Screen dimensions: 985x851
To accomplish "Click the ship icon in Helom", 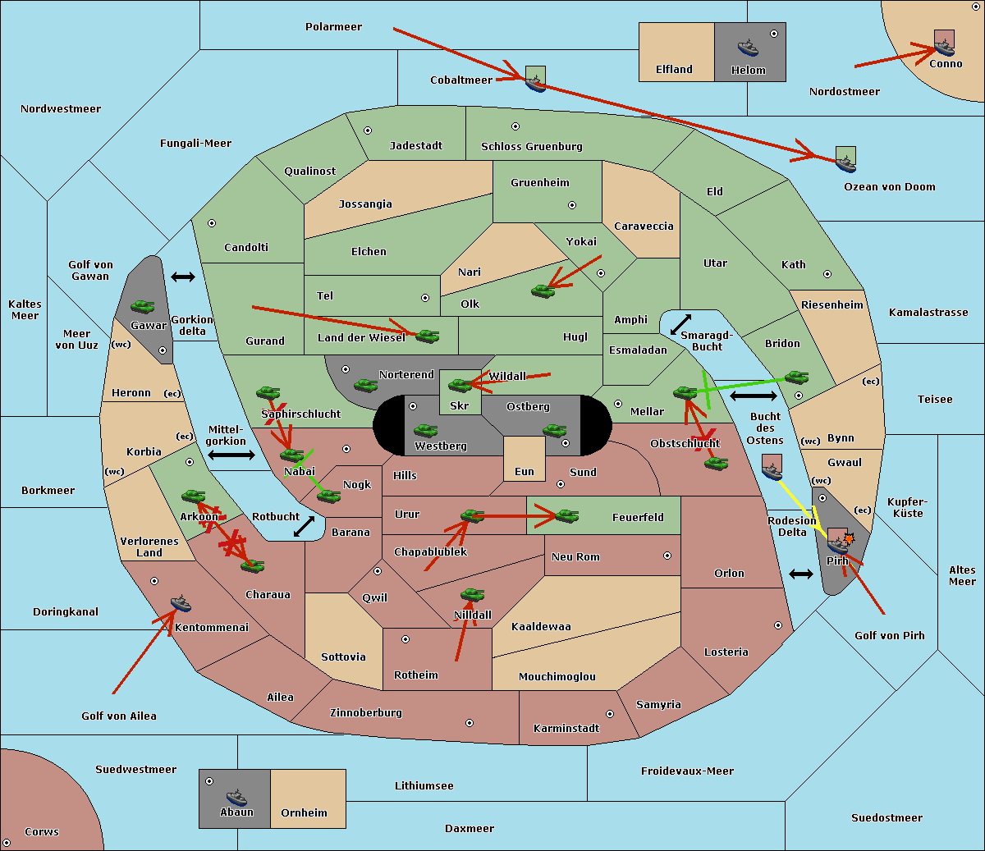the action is (748, 48).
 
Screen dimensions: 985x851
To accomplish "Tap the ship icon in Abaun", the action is (236, 798).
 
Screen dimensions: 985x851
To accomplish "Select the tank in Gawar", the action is (143, 307).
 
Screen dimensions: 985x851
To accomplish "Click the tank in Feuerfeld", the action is (566, 516).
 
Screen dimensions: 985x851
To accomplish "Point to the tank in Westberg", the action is (425, 431).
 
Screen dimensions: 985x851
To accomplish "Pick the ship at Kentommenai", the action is (181, 602).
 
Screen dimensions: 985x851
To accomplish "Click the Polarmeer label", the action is (333, 27).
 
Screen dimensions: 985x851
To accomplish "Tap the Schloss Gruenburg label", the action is (532, 146).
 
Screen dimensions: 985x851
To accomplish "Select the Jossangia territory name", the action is (365, 204).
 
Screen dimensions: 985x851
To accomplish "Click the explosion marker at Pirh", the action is (849, 539).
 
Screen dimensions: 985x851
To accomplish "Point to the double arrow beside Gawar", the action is (183, 277).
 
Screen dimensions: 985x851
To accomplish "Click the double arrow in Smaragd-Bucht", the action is (680, 324).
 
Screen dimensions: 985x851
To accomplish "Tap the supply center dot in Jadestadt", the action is (368, 130).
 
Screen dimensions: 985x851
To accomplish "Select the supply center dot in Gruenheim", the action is (572, 205).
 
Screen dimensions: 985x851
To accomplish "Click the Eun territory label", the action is (525, 471).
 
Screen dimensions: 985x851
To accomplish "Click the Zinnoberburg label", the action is (366, 713).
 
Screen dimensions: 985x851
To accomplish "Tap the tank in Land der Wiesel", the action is (427, 336).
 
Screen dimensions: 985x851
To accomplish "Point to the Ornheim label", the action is (304, 812).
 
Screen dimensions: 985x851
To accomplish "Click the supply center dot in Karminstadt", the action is (610, 714).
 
